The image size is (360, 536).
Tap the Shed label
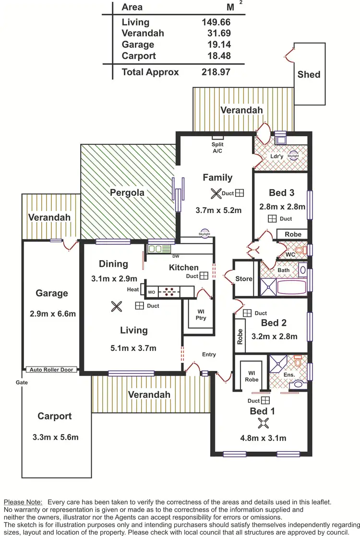click(x=309, y=74)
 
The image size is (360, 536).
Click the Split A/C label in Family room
click(x=217, y=147)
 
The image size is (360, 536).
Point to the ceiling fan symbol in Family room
click(x=215, y=193)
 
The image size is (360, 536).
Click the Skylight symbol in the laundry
click(x=293, y=156)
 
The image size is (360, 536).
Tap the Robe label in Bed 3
click(x=293, y=234)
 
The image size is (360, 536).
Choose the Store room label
click(x=244, y=279)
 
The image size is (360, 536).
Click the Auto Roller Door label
click(x=52, y=369)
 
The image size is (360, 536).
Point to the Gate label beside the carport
click(x=21, y=382)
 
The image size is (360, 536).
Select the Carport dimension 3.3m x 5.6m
click(x=55, y=437)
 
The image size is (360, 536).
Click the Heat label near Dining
click(x=133, y=289)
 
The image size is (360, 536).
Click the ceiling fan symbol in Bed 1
click(x=263, y=423)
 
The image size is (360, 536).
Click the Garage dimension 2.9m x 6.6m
click(x=53, y=314)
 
